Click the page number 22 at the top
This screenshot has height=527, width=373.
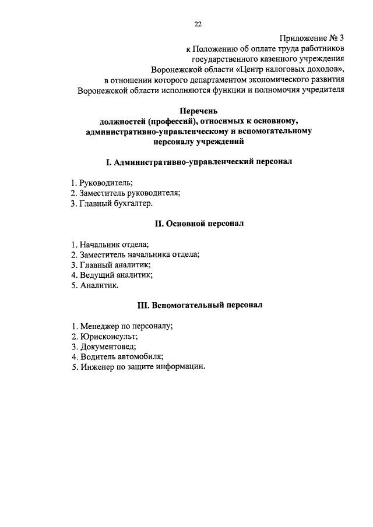[x=198, y=24]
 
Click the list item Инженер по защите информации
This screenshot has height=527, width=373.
[x=138, y=366]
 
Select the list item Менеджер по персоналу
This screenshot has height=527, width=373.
[x=122, y=326]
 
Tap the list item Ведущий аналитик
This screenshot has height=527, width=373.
[x=111, y=275]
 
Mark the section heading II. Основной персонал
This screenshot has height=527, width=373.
[x=199, y=223]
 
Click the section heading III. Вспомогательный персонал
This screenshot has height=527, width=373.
[x=199, y=305]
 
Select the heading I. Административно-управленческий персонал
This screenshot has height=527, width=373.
[x=199, y=161]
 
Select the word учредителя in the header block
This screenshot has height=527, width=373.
[x=321, y=90]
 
